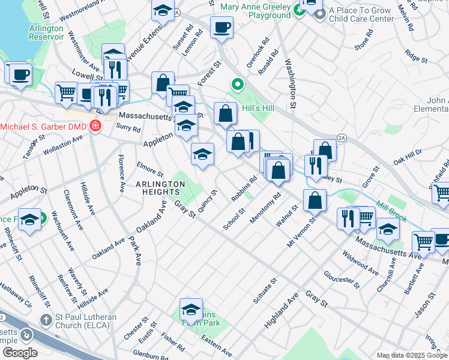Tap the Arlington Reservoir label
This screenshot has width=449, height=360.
coord(46,32)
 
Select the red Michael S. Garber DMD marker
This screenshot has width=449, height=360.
coord(95,127)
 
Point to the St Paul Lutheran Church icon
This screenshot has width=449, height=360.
coord(46,319)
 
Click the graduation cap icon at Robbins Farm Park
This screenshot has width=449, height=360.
coord(191,310)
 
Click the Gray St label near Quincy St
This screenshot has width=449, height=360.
coord(185,210)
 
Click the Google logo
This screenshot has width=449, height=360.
coord(20,353)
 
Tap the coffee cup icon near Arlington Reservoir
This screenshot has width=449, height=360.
coord(21,74)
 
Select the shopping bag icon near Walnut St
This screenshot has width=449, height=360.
coord(315,201)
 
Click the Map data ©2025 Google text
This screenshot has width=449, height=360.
coord(412,355)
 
